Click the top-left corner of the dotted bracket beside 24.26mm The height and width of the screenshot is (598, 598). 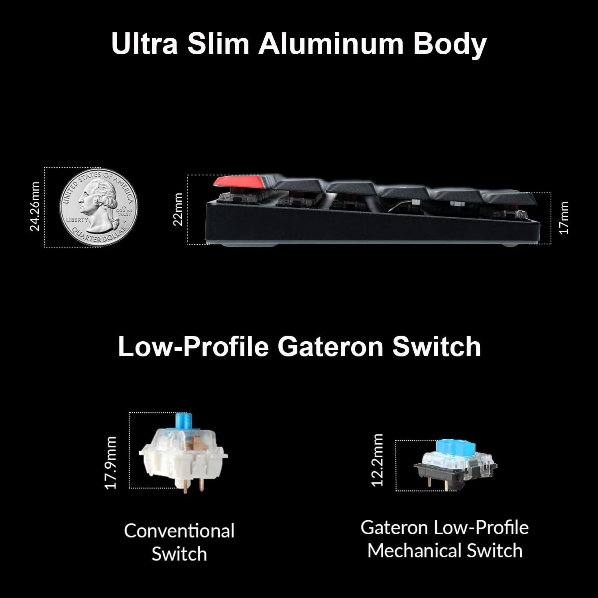[45, 167]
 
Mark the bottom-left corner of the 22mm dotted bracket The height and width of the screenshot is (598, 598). [188, 244]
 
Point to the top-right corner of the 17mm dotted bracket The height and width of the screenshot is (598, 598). [551, 193]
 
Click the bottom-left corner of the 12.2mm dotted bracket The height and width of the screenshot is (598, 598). [396, 491]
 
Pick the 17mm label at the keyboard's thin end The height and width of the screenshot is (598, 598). [564, 218]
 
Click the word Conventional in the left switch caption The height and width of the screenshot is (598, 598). [179, 531]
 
